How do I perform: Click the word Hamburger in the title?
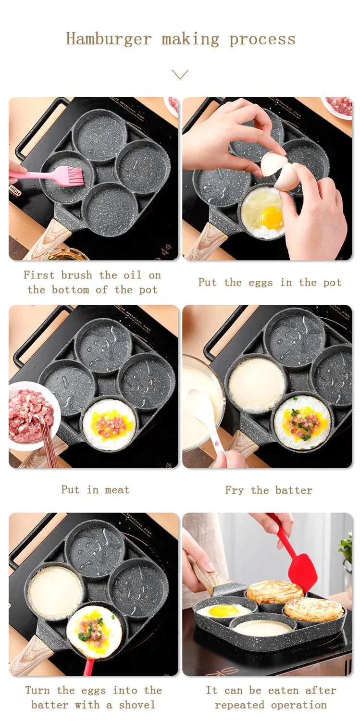point(109,38)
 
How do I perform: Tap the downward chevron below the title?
point(180,75)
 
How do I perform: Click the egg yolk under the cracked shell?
point(272,218)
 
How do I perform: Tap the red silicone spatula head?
point(302,572)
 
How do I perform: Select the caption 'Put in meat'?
point(95,490)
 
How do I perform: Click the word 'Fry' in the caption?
point(234,490)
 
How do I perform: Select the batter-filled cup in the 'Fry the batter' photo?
point(256,384)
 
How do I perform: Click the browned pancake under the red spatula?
point(275,592)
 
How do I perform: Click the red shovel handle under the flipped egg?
point(88,667)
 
